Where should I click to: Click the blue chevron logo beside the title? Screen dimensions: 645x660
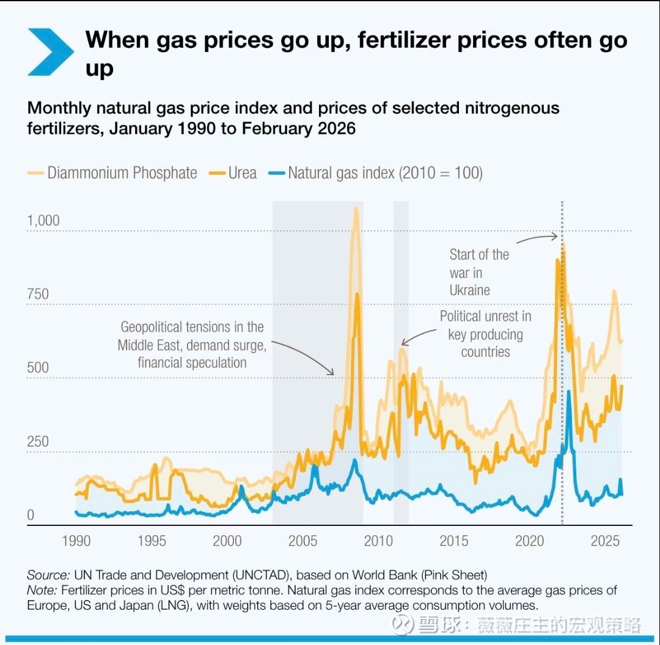point(50,51)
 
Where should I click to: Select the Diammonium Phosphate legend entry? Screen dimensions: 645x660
point(113,173)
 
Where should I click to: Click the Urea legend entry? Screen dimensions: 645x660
point(233,173)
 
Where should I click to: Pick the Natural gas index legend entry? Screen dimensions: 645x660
point(376,173)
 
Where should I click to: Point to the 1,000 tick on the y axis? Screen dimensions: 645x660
point(43,220)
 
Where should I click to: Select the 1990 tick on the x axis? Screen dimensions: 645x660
point(76,541)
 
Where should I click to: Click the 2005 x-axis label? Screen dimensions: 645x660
point(302,541)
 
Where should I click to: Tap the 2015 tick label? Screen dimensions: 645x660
point(454,541)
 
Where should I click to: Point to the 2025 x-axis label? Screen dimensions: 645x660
point(606,541)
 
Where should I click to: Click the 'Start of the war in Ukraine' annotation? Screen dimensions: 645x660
point(479,272)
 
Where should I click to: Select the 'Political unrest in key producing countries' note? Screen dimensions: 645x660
point(485,334)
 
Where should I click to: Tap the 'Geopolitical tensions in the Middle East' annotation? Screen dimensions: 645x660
point(192,344)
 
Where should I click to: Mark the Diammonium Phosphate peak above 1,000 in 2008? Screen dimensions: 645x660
point(356,210)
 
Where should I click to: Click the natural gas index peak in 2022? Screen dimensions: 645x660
point(568,392)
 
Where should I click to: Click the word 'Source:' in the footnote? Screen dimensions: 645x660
point(48,575)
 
